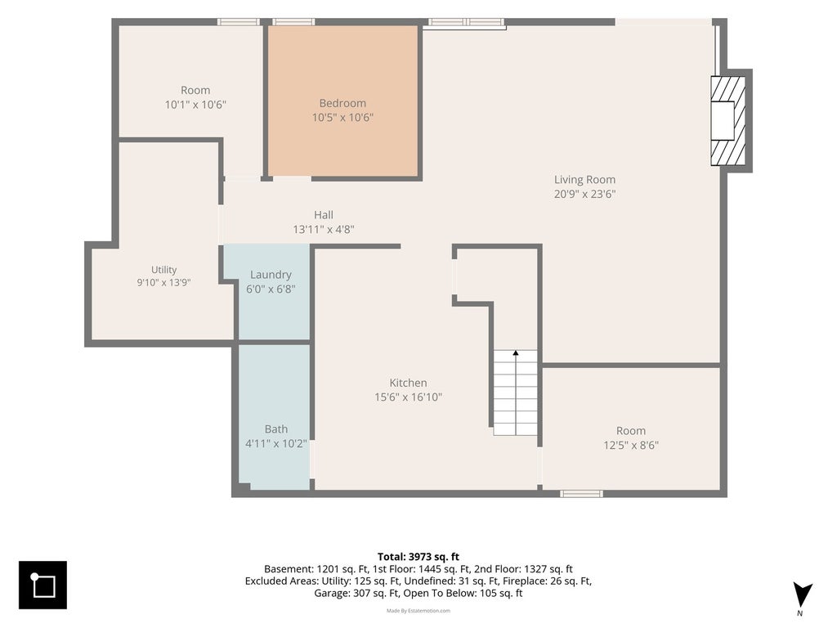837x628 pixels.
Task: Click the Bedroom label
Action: [342, 103]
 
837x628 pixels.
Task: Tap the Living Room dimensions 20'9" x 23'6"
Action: [584, 194]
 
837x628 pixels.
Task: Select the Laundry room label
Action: [271, 275]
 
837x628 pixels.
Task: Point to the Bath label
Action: [276, 428]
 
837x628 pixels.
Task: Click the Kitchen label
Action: [409, 383]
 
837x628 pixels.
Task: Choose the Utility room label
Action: [163, 270]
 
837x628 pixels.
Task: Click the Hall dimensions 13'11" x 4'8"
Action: [324, 230]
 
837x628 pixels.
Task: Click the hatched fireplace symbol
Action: [727, 121]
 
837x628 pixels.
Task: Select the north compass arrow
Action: [802, 595]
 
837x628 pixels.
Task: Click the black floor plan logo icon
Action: [43, 585]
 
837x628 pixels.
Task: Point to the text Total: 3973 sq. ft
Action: [418, 557]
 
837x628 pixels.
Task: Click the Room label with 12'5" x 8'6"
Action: [631, 431]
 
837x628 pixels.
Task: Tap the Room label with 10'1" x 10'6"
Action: [195, 90]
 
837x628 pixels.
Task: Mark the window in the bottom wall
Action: [581, 493]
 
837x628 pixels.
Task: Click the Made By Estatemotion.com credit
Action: [418, 610]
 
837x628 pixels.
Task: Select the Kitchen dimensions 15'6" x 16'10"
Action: [409, 397]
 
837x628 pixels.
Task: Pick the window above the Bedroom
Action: [293, 22]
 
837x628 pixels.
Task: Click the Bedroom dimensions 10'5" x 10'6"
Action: [342, 118]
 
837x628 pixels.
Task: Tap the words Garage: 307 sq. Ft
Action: [356, 594]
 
